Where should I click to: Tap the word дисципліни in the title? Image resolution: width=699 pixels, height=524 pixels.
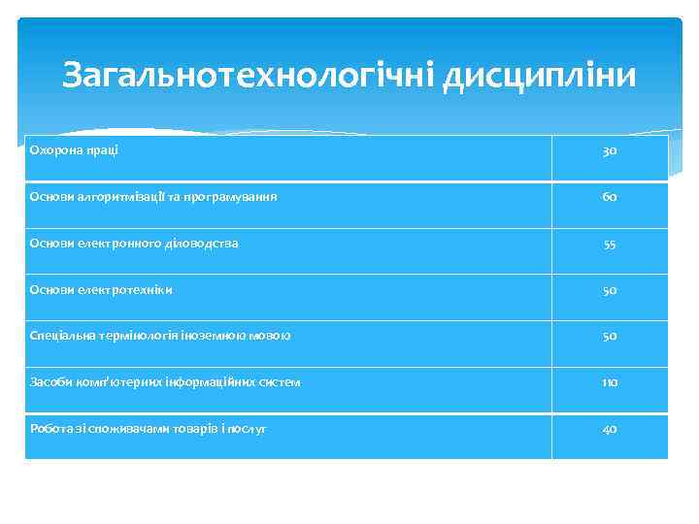(540, 75)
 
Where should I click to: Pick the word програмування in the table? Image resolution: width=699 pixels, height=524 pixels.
(234, 196)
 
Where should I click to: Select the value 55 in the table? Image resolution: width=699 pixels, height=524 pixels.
(610, 244)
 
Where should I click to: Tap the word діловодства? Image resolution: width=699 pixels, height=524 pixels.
(198, 243)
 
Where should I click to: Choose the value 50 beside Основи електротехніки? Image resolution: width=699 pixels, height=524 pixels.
(610, 290)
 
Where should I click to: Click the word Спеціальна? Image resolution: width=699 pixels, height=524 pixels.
(60, 336)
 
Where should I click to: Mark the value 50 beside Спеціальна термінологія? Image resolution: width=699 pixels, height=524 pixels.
(610, 337)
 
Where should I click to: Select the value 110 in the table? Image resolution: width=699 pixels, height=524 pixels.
(610, 382)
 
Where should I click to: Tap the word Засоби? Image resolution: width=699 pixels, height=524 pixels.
(48, 382)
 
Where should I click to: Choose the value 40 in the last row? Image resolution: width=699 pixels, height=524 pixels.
(610, 429)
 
